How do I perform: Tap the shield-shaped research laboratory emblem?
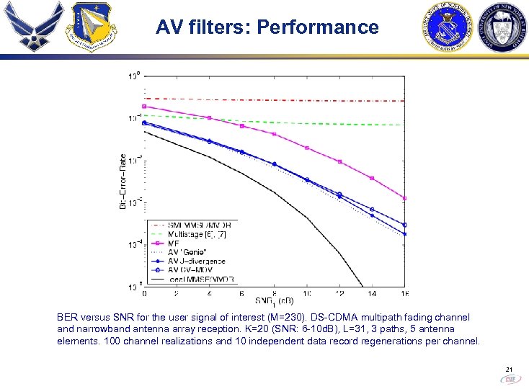[89, 28]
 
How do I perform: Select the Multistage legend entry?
[195, 234]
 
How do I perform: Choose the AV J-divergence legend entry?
[196, 261]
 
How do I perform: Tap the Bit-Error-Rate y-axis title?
[123, 182]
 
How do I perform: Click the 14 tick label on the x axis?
[371, 293]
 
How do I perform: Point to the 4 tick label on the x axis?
[209, 293]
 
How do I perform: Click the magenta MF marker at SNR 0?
[145, 106]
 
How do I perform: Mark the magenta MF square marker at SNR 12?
[340, 162]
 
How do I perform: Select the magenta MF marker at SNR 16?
[404, 198]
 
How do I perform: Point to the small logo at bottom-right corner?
[510, 379]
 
